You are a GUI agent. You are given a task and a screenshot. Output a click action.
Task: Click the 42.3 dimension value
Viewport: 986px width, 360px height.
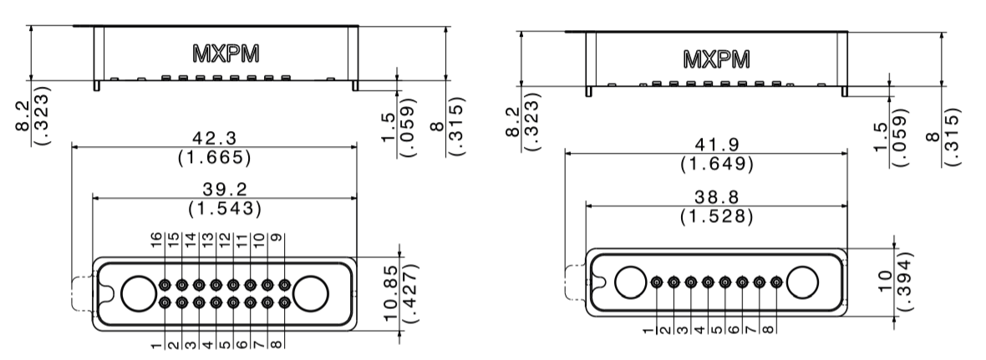214,137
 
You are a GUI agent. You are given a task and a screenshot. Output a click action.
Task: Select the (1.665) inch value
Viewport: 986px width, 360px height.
214,156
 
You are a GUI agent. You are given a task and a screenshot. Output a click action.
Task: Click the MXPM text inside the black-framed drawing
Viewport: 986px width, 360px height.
716,60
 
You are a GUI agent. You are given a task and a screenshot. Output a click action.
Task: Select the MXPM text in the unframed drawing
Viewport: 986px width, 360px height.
225,53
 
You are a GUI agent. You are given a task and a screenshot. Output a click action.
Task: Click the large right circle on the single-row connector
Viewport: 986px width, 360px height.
803,281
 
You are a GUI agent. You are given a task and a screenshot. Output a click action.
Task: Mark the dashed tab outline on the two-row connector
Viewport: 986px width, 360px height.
82,291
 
